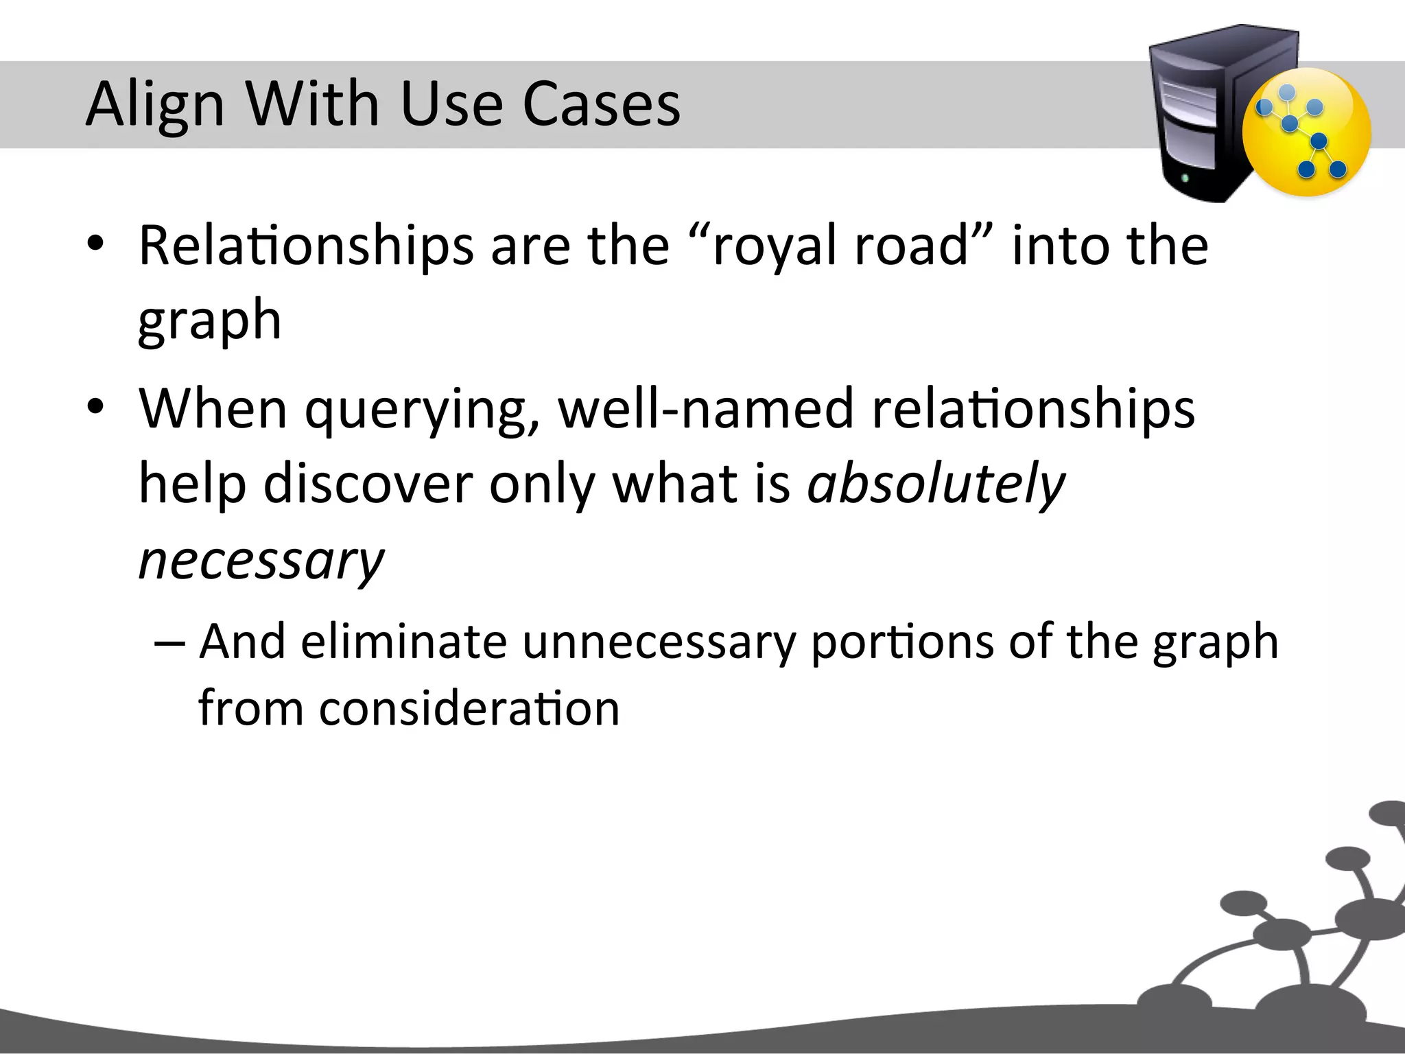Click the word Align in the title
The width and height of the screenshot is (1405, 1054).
[155, 104]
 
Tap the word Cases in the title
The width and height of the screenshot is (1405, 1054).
[601, 104]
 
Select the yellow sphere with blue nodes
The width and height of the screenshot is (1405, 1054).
[1306, 133]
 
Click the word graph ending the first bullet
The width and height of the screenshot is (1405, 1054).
[209, 321]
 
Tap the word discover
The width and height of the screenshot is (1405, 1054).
[368, 484]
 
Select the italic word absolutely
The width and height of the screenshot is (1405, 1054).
[936, 484]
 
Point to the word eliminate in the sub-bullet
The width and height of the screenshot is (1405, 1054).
[403, 642]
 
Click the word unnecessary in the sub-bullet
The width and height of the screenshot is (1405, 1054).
[659, 642]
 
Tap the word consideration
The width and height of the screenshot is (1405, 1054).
[469, 709]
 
